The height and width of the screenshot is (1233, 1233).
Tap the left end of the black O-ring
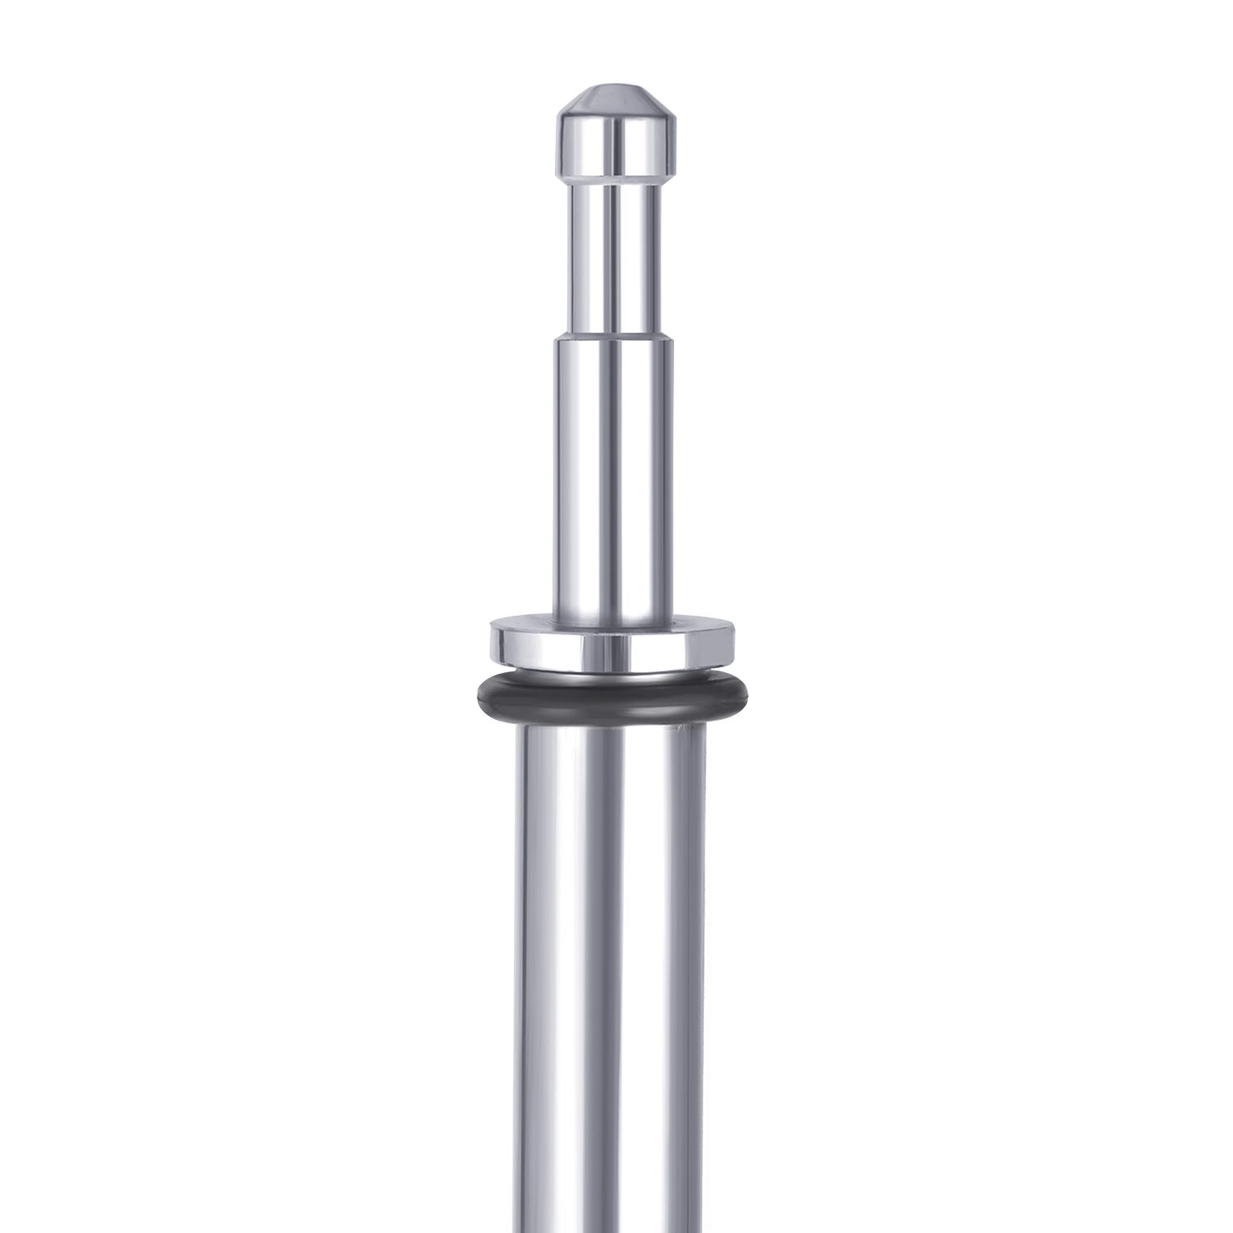(479, 695)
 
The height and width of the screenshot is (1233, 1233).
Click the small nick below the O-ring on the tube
(679, 728)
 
